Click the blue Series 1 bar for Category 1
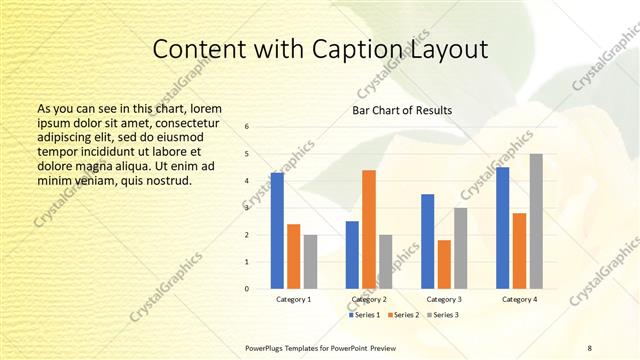point(277,231)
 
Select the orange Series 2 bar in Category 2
point(369,229)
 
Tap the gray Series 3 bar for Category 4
point(536,221)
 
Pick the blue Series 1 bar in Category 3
point(428,241)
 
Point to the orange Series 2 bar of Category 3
point(444,264)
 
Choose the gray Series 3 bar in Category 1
point(310,262)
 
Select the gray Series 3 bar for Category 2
point(386,262)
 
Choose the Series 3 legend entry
point(443,315)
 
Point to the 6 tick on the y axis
point(247,126)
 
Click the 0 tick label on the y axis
point(247,289)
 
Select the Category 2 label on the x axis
point(369,300)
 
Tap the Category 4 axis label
point(520,300)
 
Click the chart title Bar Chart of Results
point(402,110)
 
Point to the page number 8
point(590,347)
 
